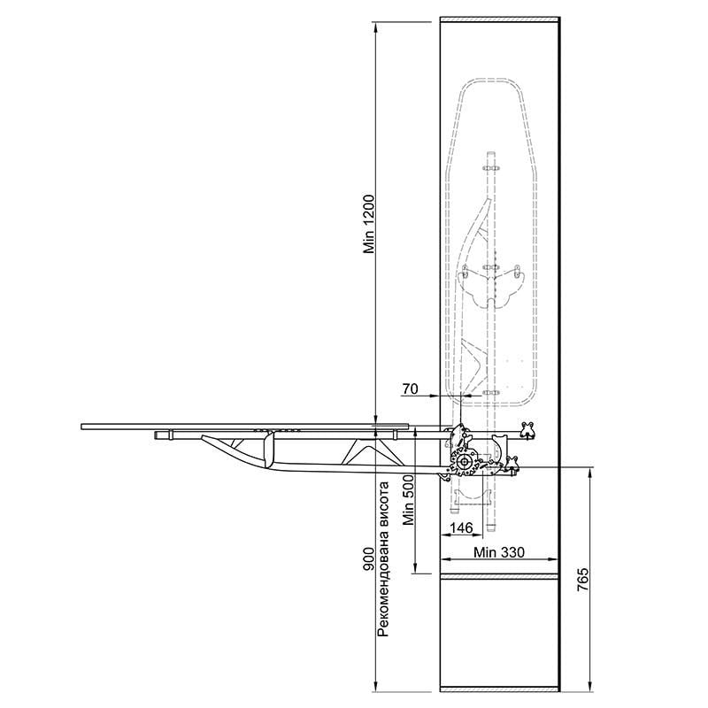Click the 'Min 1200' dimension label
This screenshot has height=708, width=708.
[x=369, y=224]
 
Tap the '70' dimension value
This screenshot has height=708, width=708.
[x=410, y=389]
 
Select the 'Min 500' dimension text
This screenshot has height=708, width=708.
[x=409, y=500]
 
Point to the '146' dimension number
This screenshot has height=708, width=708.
[x=461, y=527]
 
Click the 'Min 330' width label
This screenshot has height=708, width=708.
[x=499, y=551]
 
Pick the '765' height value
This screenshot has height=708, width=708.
[x=583, y=581]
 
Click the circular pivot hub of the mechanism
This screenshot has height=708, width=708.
[x=463, y=462]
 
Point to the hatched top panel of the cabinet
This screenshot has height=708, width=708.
[x=499, y=19]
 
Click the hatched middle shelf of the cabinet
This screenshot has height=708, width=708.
[x=499, y=576]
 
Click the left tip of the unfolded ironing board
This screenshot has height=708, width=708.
[x=81, y=427]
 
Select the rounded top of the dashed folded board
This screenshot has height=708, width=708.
[x=491, y=80]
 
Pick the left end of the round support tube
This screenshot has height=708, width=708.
[x=157, y=435]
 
